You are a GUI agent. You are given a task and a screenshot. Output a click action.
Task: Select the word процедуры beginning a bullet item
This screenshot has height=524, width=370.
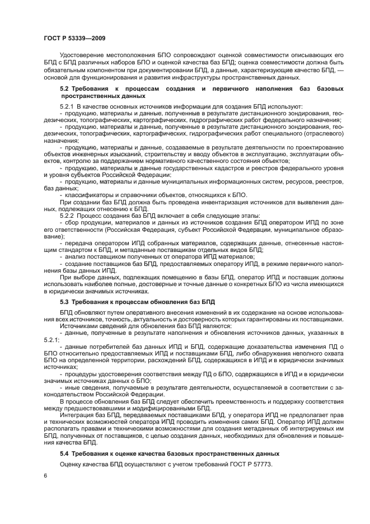[81, 373]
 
